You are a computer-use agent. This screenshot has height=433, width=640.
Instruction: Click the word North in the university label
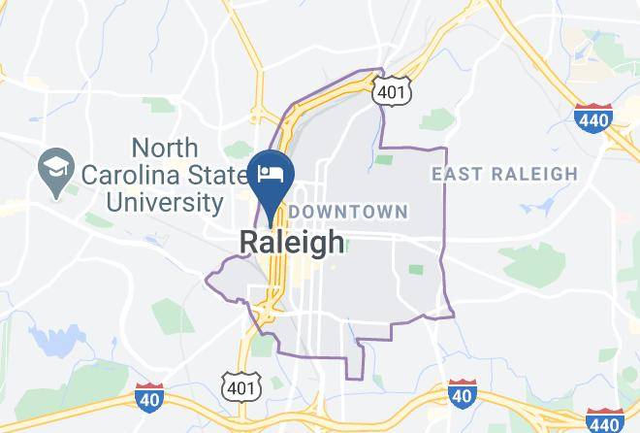[x=165, y=148]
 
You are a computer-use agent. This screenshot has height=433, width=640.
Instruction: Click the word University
[x=165, y=203]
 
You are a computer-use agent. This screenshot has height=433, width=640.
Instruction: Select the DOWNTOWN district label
[x=348, y=211]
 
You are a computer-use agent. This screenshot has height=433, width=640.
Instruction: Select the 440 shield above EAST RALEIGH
[x=592, y=118]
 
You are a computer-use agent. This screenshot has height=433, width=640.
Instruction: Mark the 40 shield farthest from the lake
[x=463, y=395]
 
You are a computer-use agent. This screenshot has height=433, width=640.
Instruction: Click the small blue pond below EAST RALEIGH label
[x=531, y=208]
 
